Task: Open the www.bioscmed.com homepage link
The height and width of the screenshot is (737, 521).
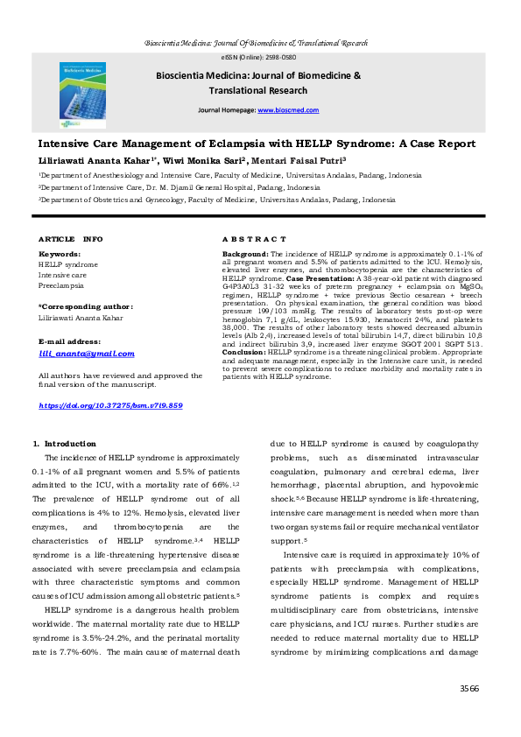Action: (x=288, y=111)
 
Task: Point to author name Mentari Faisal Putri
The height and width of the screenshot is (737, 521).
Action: (x=300, y=162)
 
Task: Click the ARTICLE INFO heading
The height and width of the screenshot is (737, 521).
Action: (x=70, y=239)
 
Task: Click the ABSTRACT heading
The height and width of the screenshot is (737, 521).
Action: (x=254, y=239)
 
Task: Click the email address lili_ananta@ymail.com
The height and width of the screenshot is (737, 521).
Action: (x=87, y=354)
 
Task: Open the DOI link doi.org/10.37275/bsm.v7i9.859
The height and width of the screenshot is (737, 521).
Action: (x=111, y=406)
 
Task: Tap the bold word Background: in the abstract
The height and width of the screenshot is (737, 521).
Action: (x=246, y=253)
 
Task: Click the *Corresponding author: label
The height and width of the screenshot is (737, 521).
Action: (x=86, y=306)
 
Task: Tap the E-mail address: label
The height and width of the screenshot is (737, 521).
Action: (x=75, y=340)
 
